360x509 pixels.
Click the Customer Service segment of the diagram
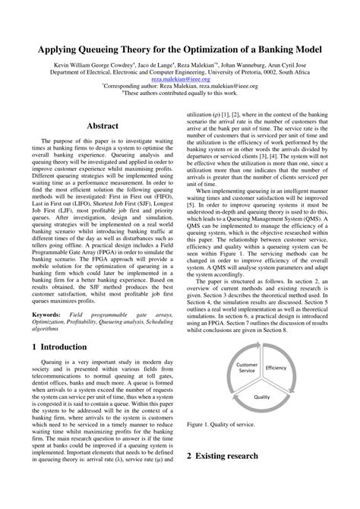tap(248, 368)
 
